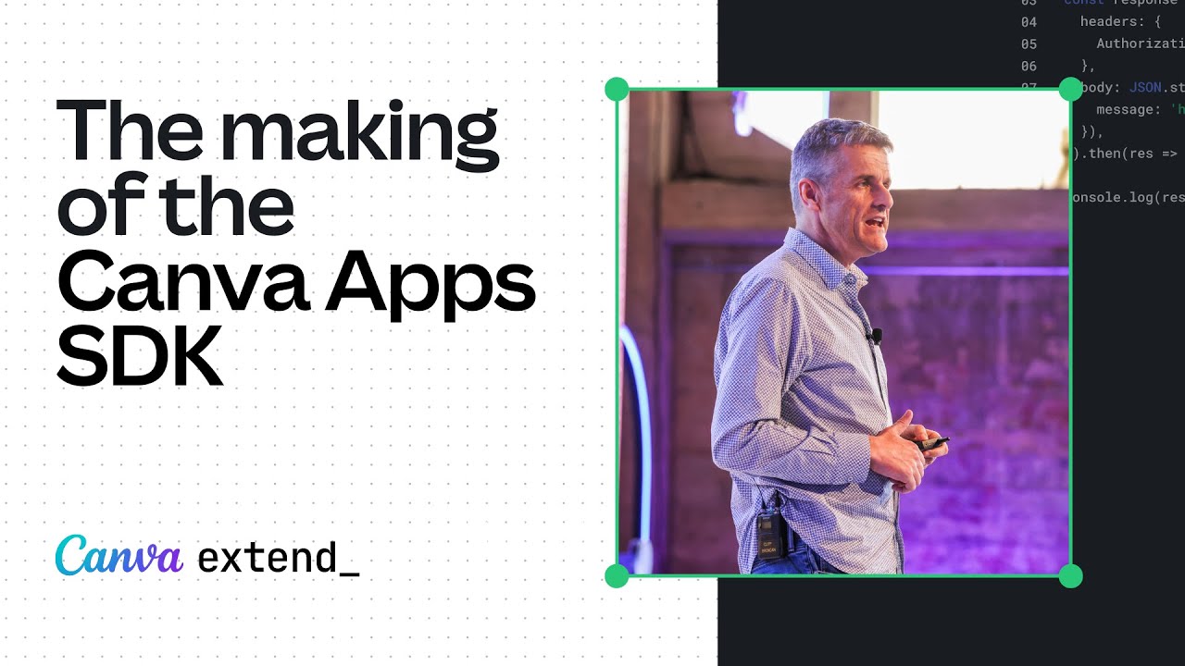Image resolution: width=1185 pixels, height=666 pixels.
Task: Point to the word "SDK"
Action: [140, 359]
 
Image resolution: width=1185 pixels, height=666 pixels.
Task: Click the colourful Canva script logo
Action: [118, 556]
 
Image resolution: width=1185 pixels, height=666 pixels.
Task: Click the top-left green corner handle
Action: [617, 90]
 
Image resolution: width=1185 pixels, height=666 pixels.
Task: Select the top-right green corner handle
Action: [1070, 90]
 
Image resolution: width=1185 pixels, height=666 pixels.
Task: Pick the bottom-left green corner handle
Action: [617, 575]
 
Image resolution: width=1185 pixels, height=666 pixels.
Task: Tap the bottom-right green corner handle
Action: [1070, 575]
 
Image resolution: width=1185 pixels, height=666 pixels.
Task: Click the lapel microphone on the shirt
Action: [875, 336]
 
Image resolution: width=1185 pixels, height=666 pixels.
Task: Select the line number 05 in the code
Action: [1029, 43]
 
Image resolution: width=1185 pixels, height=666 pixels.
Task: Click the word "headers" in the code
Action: [1109, 21]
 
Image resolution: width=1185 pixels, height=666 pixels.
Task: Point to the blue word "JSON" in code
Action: [1144, 88]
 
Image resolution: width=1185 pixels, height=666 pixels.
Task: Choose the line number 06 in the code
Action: [1029, 66]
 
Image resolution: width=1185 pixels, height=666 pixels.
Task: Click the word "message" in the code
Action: [1126, 110]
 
